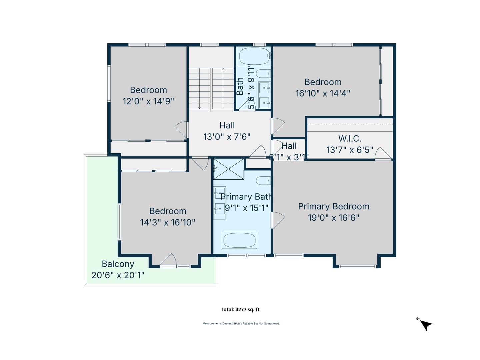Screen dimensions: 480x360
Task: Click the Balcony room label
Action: pyautogui.click(x=118, y=264)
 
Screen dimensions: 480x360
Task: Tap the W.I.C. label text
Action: pyautogui.click(x=350, y=138)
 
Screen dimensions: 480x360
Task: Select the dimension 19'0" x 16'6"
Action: pyautogui.click(x=333, y=218)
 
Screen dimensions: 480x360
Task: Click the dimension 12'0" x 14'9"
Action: pyautogui.click(x=148, y=101)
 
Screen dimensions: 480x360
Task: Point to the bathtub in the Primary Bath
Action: pyautogui.click(x=239, y=240)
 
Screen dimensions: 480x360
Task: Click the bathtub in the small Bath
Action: pyautogui.click(x=254, y=56)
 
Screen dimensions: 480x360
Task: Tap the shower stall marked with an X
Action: pyautogui.click(x=229, y=169)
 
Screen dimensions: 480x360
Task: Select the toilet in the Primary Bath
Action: pyautogui.click(x=263, y=181)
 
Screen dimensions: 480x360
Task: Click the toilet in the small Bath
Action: pyautogui.click(x=263, y=74)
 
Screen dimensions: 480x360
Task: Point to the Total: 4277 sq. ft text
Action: pyautogui.click(x=240, y=310)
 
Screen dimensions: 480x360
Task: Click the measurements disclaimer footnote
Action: pyautogui.click(x=241, y=323)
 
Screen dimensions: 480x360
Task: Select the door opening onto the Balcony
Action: pyautogui.click(x=168, y=260)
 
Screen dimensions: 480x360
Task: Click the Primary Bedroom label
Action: pyautogui.click(x=334, y=207)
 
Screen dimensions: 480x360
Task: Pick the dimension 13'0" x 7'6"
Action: pyautogui.click(x=227, y=137)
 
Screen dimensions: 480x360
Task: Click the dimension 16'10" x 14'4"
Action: pyautogui.click(x=323, y=93)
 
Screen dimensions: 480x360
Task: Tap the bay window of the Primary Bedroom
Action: pyautogui.click(x=357, y=266)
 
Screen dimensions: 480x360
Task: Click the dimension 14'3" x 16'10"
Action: pyautogui.click(x=168, y=223)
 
